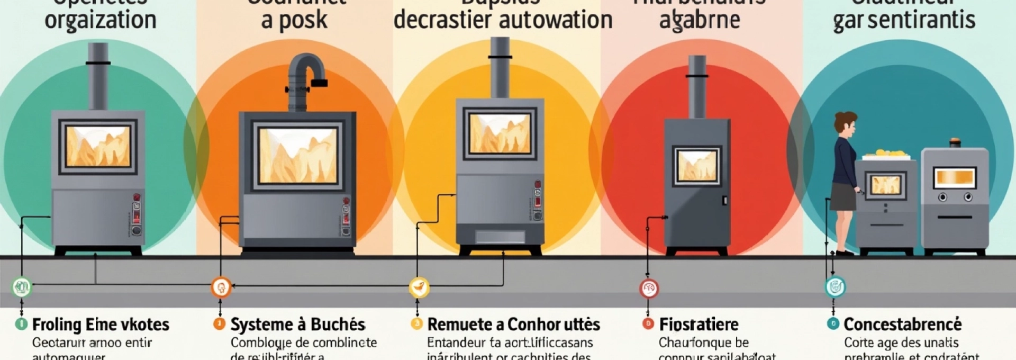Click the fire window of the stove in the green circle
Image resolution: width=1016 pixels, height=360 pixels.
coord(98,147)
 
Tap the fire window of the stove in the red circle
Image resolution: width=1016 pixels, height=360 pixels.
coord(697,165)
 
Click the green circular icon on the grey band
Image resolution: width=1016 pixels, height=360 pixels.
coord(22,287)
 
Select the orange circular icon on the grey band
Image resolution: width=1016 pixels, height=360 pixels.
coord(221,287)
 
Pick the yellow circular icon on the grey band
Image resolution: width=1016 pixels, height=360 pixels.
coord(419,287)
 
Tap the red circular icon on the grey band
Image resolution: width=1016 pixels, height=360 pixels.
coord(649,289)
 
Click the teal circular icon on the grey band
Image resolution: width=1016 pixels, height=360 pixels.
coord(835,287)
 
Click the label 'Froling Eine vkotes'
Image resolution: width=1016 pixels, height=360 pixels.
coord(101,324)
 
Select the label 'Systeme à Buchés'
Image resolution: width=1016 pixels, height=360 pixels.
coord(298,324)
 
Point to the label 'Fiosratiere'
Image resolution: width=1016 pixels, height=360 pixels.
coord(698,324)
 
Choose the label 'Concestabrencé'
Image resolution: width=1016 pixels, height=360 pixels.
coord(903,324)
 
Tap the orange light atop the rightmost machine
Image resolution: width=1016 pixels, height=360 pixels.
coord(955,142)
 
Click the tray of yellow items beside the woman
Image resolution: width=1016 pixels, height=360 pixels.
coord(886,155)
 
